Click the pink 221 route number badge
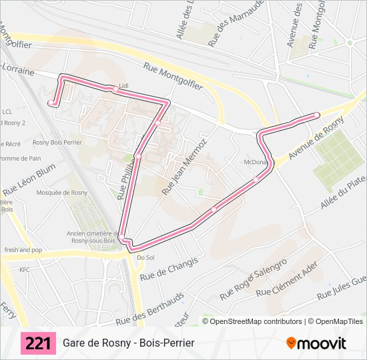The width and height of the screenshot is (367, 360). coord(39,343)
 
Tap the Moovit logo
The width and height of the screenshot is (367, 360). coord(316,343)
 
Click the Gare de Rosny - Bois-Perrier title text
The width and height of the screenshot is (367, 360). coord(129,343)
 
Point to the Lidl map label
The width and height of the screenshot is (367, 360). coord(123,86)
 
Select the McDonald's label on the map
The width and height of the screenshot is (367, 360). coord(256,162)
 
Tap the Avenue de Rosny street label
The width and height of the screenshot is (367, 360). coord(316,137)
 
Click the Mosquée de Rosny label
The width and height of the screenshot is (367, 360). coord(61,193)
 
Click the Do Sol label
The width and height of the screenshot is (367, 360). coord(145,257)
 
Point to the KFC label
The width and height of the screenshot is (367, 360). coord(25,270)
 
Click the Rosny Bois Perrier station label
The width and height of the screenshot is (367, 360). coord(57,142)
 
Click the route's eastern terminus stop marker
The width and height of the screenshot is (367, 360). coord(317,115)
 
